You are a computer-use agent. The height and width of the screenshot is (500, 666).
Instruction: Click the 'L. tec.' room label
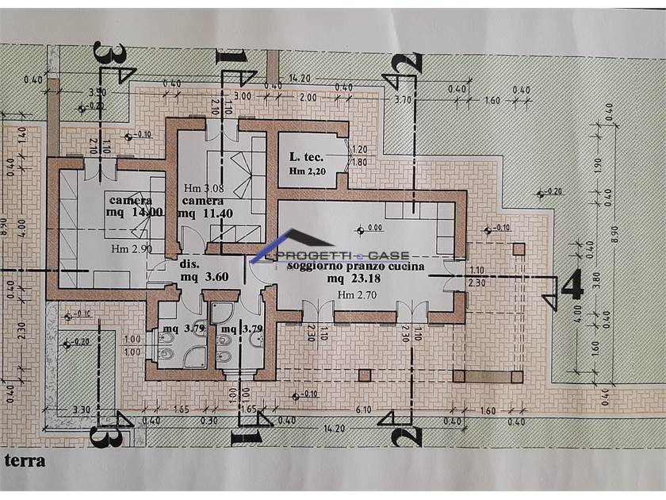click(x=306, y=158)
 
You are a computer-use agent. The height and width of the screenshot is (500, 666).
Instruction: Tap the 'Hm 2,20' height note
click(x=308, y=171)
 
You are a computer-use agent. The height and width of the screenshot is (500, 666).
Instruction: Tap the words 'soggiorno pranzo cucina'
click(x=357, y=267)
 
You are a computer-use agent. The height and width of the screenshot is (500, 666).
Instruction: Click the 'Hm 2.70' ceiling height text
click(x=355, y=295)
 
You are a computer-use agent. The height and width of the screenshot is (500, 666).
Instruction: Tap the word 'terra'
click(x=25, y=460)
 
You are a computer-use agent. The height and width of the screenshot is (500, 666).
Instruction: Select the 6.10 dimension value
click(x=365, y=410)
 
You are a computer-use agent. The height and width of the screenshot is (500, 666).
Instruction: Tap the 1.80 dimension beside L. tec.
click(x=359, y=162)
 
